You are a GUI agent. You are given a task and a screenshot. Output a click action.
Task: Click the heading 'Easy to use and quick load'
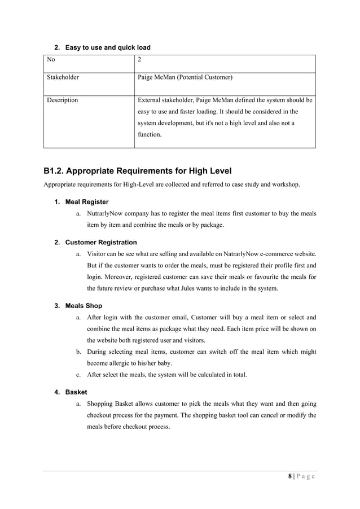pyautogui.click(x=108, y=47)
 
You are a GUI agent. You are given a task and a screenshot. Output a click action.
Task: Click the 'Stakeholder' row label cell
pyautogui.click(x=63, y=77)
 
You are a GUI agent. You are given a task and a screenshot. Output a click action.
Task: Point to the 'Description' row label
pyautogui.click(x=62, y=100)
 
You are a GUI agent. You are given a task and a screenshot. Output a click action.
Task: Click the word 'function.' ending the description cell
pyautogui.click(x=150, y=135)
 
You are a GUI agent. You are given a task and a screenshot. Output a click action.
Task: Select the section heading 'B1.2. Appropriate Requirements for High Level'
pyautogui.click(x=138, y=171)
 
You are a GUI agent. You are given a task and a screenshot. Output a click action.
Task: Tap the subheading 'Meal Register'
pyautogui.click(x=87, y=201)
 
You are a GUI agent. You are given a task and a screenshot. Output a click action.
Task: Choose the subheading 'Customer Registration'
pyautogui.click(x=101, y=242)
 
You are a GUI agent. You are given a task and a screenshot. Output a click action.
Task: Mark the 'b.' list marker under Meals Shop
pyautogui.click(x=78, y=352)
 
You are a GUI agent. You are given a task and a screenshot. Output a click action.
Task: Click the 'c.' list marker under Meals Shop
pyautogui.click(x=78, y=375)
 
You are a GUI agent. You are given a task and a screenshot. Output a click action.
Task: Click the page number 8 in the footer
pyautogui.click(x=290, y=476)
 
